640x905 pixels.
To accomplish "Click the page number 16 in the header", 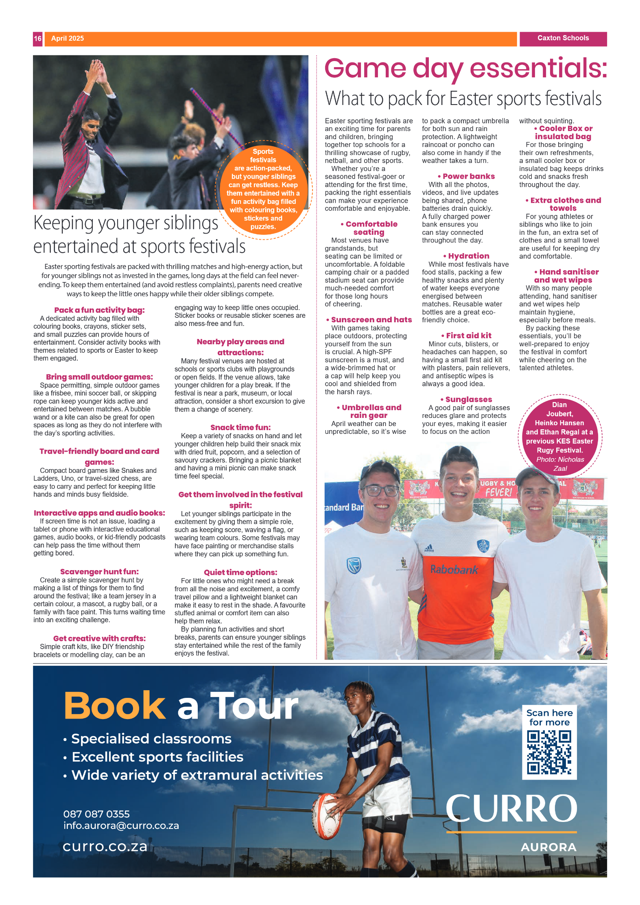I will [37, 39].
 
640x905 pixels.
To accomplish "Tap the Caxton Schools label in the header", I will [563, 38].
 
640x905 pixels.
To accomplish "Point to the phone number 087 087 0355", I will [96, 814].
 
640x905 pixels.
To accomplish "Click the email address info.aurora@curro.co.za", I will [121, 825].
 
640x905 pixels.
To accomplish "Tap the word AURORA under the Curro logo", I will [548, 847].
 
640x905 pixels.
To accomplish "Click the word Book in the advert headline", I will [114, 706].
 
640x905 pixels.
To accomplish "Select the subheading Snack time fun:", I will [240, 427].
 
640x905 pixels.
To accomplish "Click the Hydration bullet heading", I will [468, 256].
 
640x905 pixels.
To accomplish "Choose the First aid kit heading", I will [468, 336].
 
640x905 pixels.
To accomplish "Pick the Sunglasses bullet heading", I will [468, 400].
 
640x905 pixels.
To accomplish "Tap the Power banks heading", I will [468, 176].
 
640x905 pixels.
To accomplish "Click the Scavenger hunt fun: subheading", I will [99, 572].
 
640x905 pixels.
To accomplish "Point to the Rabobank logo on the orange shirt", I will [454, 569].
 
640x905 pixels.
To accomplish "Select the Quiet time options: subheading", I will [240, 573].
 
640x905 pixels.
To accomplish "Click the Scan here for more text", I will [549, 717].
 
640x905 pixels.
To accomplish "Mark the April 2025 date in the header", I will [68, 39].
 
